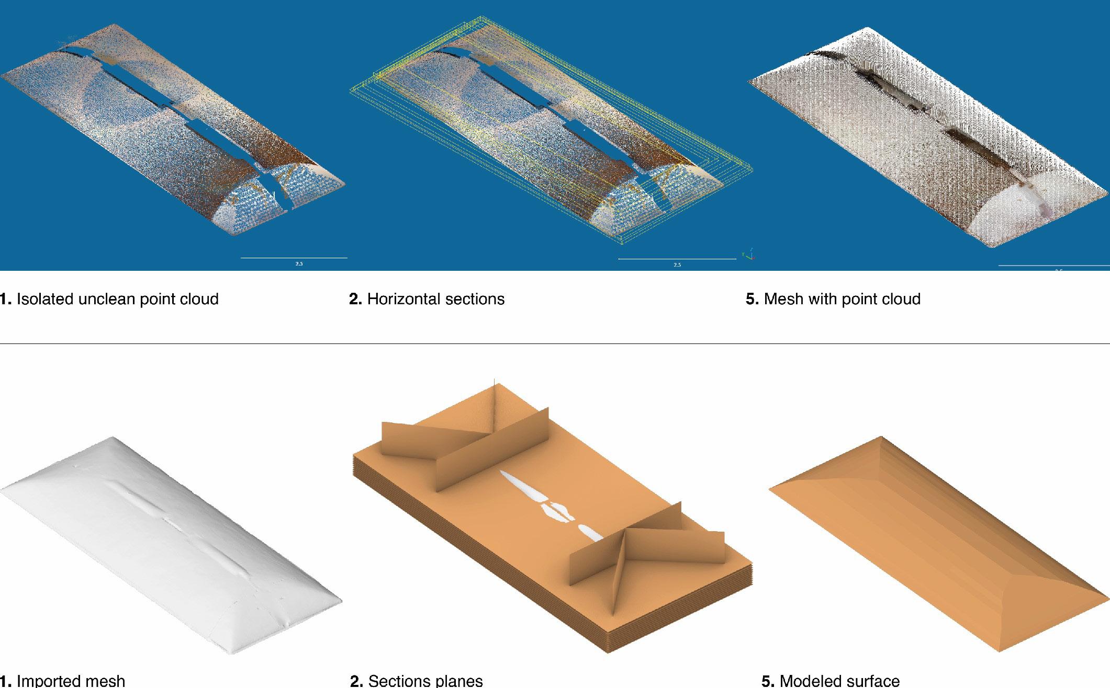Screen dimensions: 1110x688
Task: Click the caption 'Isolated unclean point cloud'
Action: (x=109, y=299)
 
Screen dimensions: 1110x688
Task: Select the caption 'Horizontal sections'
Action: (x=427, y=299)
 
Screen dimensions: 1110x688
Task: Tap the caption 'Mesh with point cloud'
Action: (x=833, y=299)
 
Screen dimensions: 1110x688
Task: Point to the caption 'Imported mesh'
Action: (x=63, y=681)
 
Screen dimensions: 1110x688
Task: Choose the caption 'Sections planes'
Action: (x=417, y=681)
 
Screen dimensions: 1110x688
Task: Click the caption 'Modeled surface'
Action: (x=831, y=681)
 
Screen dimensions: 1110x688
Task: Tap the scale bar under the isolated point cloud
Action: (x=294, y=258)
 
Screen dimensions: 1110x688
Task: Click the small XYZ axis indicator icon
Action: (x=749, y=255)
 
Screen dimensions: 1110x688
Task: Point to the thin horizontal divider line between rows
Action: (x=555, y=343)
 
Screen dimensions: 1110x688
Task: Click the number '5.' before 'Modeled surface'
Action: (x=768, y=681)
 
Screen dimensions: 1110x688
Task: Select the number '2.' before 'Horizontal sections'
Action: (x=355, y=299)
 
